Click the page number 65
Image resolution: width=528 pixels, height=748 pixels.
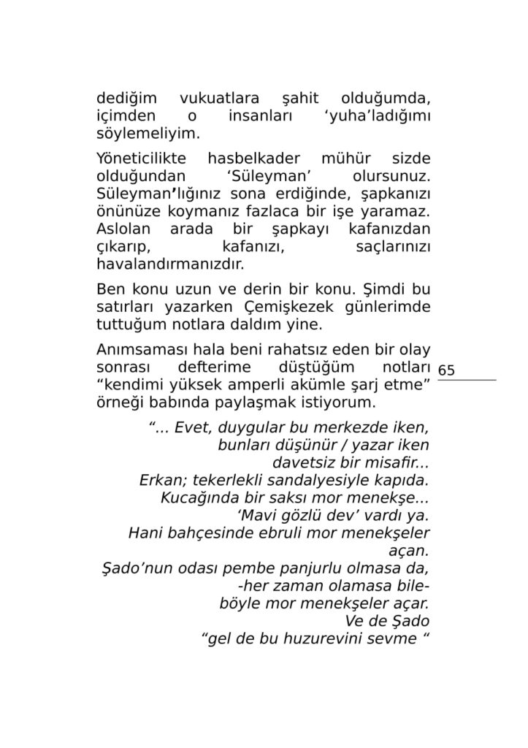(x=446, y=370)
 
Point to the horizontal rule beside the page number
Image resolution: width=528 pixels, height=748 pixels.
(x=467, y=380)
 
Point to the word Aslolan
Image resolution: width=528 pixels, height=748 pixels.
(x=123, y=229)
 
